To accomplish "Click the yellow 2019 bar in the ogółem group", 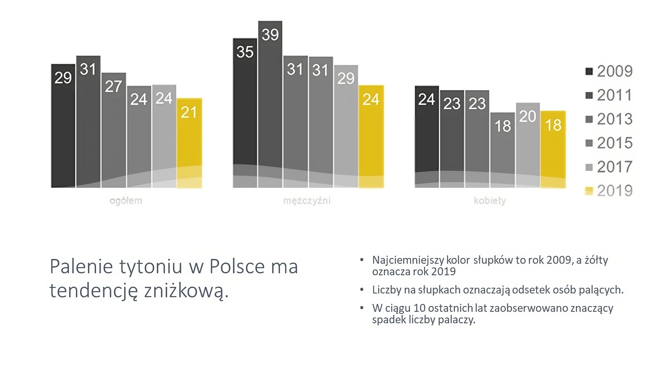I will click(x=189, y=146).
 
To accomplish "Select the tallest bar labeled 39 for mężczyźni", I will click(x=270, y=104).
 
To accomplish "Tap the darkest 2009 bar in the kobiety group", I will click(x=427, y=139).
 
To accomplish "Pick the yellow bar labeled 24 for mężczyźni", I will click(x=371, y=139).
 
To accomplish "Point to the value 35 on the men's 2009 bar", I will click(x=245, y=52).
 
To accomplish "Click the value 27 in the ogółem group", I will click(x=113, y=86).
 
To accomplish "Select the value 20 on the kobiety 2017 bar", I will click(x=527, y=116).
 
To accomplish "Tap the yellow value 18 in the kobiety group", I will click(x=553, y=125).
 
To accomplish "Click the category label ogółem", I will click(x=126, y=201).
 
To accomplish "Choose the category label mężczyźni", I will click(x=307, y=201).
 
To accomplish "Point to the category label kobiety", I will click(x=490, y=201).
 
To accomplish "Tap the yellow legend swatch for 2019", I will click(x=589, y=191).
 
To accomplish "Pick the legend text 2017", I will click(x=614, y=167).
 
